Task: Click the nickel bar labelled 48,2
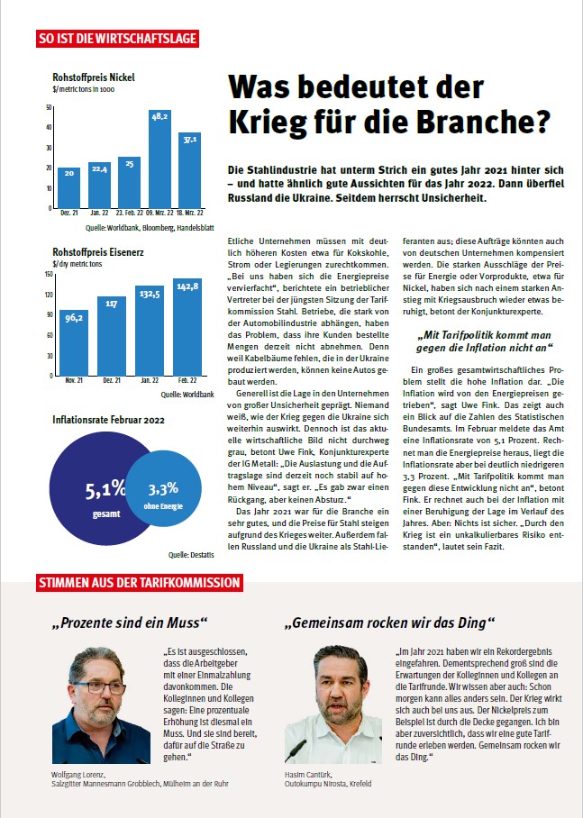159,159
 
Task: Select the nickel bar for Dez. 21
68,187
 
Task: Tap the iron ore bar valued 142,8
187,327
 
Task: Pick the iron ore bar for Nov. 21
74,342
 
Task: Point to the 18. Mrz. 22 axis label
189,213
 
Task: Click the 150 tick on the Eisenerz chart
49,274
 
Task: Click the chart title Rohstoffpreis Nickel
94,77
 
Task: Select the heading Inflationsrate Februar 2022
108,420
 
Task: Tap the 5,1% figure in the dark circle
105,489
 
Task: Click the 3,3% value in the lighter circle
163,489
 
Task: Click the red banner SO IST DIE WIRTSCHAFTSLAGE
117,39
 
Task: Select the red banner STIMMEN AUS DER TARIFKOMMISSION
140,583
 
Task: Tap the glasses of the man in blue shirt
99,687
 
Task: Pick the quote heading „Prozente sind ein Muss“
130,623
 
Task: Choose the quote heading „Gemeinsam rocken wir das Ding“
389,623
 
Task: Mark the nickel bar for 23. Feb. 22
129,183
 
